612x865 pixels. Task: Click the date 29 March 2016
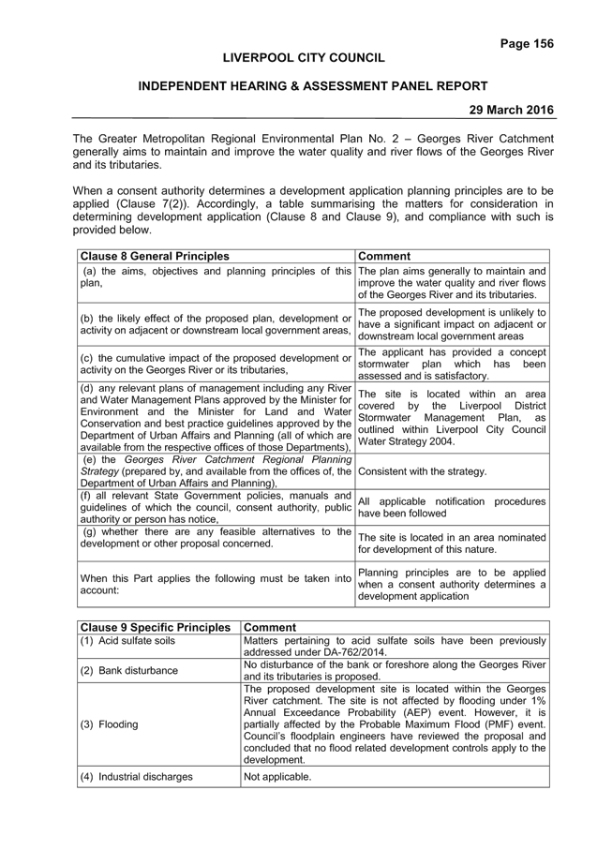tap(512, 110)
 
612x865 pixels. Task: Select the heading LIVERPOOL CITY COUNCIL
tap(304, 58)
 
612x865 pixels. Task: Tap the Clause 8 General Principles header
tap(155, 256)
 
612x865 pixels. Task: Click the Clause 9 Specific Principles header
tap(155, 627)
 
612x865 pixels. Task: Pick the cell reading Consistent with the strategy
tap(422, 471)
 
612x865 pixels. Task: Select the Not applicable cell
tap(277, 777)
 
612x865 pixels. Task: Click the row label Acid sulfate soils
tap(136, 640)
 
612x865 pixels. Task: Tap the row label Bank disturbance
tap(138, 671)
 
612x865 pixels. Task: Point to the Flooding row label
tap(118, 724)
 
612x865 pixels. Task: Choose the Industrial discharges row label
tap(145, 777)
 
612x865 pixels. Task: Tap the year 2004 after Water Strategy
tap(442, 441)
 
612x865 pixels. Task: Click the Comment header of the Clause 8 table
tap(384, 256)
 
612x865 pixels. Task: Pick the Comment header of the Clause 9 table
tap(270, 627)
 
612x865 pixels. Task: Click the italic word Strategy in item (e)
tap(99, 471)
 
